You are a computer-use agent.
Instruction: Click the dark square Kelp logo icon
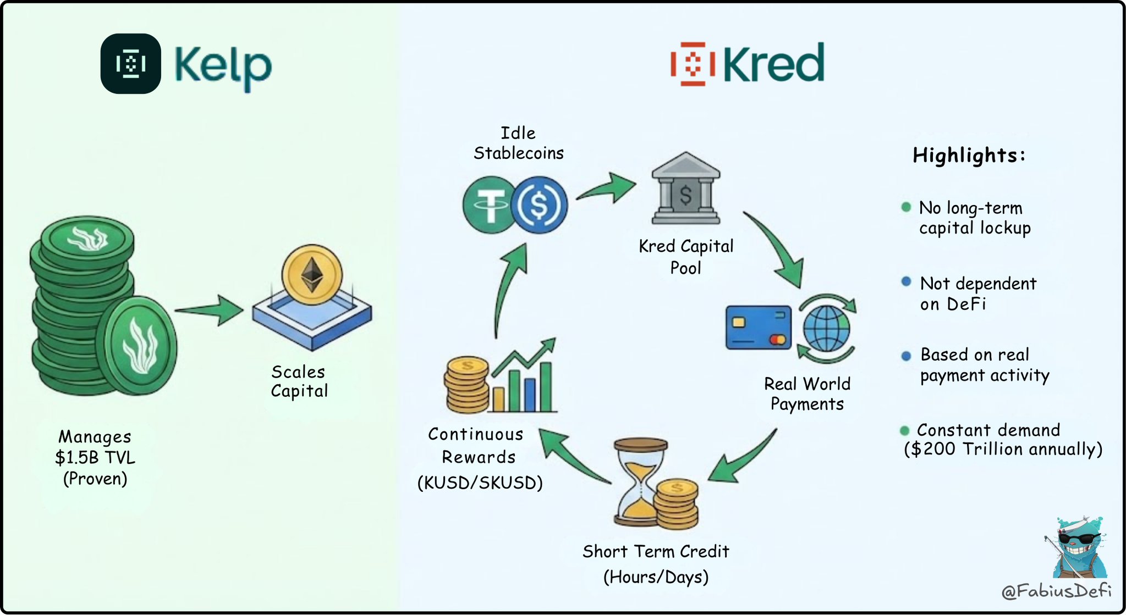131,64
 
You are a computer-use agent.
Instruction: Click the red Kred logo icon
693,64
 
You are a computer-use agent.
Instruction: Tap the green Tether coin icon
490,205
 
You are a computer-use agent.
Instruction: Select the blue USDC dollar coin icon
540,205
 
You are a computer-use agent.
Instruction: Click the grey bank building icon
686,188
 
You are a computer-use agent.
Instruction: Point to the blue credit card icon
759,328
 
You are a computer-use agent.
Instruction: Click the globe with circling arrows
826,328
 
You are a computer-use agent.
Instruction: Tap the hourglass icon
641,482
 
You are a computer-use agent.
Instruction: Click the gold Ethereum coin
312,274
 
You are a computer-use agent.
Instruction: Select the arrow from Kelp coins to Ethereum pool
209,311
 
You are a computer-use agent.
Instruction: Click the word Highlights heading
969,156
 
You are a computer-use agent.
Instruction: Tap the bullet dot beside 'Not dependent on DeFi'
906,282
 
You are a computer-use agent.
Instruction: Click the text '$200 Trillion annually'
1003,449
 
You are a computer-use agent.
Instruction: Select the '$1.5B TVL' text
95,457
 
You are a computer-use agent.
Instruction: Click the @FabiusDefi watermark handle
1056,591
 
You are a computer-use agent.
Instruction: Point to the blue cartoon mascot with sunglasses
1075,547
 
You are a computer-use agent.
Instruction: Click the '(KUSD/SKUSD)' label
480,483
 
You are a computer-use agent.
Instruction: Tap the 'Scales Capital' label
299,381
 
